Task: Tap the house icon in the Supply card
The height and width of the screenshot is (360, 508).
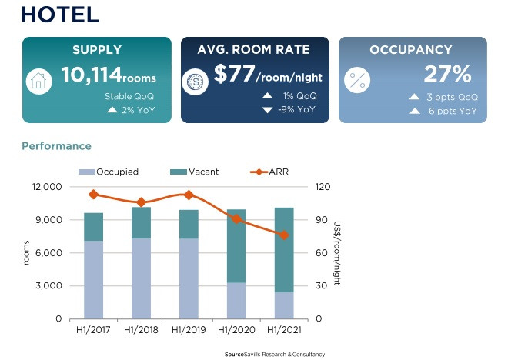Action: [x=39, y=81]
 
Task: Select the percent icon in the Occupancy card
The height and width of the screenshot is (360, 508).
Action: [x=357, y=81]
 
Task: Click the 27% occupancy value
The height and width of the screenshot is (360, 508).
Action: [x=447, y=75]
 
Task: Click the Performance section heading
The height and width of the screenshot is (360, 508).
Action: [x=56, y=146]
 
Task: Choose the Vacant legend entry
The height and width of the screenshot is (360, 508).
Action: [x=196, y=172]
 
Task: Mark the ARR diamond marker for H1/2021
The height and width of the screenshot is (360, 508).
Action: [x=284, y=235]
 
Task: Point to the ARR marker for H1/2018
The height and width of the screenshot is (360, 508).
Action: [x=142, y=202]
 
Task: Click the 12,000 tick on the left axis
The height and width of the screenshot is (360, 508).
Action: [x=47, y=187]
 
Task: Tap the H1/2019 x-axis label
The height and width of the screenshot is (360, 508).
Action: [x=189, y=330]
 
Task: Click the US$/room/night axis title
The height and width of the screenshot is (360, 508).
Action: [x=337, y=252]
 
